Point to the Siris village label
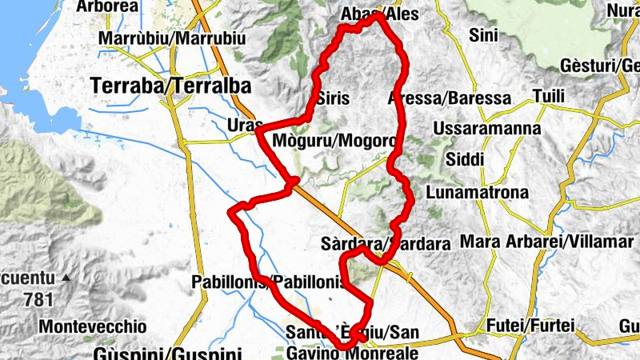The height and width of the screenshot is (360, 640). tap(333, 99)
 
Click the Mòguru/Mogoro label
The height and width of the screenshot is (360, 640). tap(334, 142)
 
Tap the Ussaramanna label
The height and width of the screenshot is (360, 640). tap(486, 128)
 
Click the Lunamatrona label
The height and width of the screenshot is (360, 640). tap(478, 193)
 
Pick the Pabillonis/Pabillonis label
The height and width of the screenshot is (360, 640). tap(269, 282)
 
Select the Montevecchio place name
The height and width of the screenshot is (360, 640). tap(93, 326)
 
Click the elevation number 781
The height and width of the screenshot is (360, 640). tap(38, 300)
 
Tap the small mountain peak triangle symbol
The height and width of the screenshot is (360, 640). tap(67, 279)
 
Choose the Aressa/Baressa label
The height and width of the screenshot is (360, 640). tap(449, 98)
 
